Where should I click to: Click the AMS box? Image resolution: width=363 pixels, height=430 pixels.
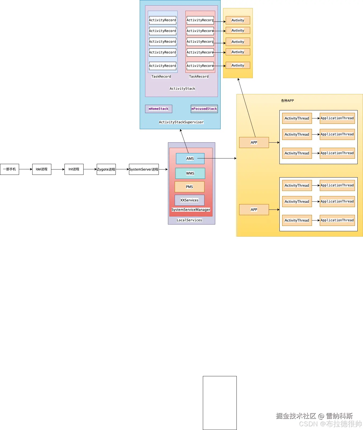[190, 158]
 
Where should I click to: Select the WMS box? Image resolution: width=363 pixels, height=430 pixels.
[190, 173]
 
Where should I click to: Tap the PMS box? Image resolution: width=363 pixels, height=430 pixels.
[189, 187]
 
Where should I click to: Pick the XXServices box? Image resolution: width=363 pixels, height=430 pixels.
[189, 200]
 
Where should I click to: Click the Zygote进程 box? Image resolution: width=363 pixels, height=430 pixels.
[106, 169]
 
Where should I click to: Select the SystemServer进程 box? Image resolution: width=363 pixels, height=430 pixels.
[144, 169]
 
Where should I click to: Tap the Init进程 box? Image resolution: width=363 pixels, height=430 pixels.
[74, 169]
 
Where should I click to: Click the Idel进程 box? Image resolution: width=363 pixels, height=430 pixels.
[42, 169]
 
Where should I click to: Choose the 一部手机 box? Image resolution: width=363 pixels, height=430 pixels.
[9, 169]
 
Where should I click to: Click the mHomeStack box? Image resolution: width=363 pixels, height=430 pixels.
[159, 109]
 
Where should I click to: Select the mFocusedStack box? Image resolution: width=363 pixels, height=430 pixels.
[204, 109]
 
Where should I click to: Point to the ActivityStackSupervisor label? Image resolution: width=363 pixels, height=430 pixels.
[181, 122]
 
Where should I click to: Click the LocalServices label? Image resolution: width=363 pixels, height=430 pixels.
[189, 220]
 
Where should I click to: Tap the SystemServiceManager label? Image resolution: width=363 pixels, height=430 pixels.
[191, 209]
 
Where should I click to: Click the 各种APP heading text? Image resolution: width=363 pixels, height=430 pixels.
[287, 101]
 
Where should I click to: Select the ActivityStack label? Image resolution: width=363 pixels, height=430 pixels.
[182, 89]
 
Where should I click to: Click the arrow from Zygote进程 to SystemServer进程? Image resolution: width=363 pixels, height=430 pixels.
[122, 169]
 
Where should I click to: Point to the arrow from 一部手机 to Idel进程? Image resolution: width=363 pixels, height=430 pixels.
[26, 169]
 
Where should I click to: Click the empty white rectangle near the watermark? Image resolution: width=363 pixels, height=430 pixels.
[220, 403]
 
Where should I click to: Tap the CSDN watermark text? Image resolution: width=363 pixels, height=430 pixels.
[330, 424]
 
